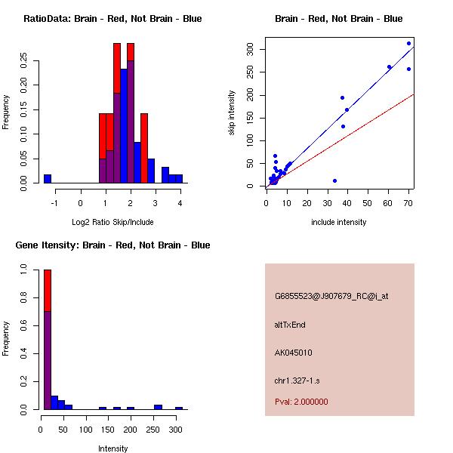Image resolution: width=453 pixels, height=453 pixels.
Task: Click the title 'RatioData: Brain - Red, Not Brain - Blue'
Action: (112, 19)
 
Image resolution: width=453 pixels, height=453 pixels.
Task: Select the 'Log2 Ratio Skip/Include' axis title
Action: (112, 221)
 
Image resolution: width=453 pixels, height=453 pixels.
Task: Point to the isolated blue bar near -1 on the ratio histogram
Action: (47, 178)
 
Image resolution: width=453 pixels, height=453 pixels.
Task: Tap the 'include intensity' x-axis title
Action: (339, 222)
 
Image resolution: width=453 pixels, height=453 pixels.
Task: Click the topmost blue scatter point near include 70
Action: (408, 43)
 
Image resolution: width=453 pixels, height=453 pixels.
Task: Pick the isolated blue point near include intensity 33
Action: (334, 180)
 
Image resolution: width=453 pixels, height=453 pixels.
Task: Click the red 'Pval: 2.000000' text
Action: (301, 402)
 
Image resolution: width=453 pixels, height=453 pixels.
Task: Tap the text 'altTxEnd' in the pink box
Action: (290, 325)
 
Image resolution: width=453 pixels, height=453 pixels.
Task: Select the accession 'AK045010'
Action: (294, 352)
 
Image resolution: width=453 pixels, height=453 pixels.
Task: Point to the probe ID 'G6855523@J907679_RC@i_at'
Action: (331, 296)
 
